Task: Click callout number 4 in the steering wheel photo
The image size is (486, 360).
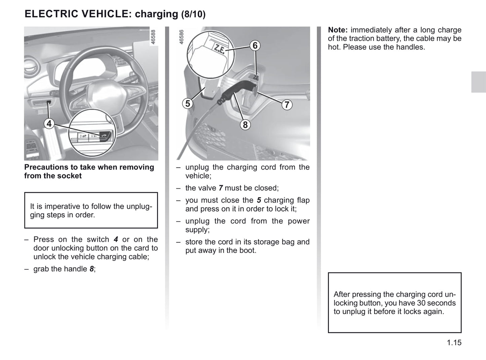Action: tap(49, 124)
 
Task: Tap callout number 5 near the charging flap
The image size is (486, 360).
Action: tap(188, 103)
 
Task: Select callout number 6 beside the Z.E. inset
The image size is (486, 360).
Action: tap(255, 45)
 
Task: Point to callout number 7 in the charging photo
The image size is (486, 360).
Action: tap(287, 105)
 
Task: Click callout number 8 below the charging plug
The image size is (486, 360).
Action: tap(245, 125)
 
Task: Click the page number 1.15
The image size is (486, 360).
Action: tap(454, 343)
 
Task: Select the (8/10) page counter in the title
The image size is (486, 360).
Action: tap(193, 14)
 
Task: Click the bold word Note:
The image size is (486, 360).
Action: tap(337, 30)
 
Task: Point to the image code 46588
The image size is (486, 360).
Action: tap(153, 37)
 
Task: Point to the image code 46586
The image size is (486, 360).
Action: tap(182, 37)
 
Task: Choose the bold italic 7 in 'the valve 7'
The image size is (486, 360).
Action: tap(221, 188)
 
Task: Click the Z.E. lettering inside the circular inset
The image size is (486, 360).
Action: tap(219, 49)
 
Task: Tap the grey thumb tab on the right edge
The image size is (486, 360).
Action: tap(478, 82)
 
